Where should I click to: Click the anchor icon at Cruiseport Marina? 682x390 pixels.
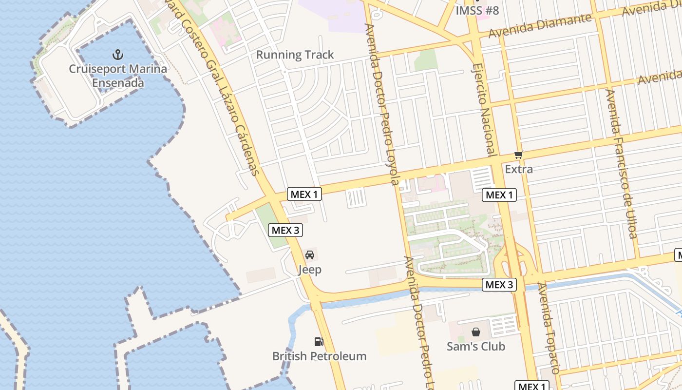tap(118, 54)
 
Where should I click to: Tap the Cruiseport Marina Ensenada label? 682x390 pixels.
tap(118, 76)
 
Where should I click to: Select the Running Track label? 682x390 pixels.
tap(295, 55)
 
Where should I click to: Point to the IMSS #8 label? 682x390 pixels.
tap(477, 11)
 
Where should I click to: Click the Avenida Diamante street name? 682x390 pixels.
tap(541, 25)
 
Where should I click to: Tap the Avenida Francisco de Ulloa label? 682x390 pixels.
tap(621, 163)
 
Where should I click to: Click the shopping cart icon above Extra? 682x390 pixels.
tap(518, 155)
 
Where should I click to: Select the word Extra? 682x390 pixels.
tap(519, 170)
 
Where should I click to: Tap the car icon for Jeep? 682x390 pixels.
tap(309, 254)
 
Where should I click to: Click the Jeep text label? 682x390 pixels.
tap(309, 270)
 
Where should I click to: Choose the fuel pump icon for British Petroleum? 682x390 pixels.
tap(319, 341)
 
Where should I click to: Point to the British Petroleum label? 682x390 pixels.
tap(319, 356)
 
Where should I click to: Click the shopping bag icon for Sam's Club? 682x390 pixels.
tap(476, 332)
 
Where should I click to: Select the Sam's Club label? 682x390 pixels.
tap(476, 347)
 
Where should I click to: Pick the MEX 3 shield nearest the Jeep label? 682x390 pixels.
tap(285, 230)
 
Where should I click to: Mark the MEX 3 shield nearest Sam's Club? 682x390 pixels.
tap(499, 285)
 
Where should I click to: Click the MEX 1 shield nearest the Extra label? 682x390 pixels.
tap(499, 195)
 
